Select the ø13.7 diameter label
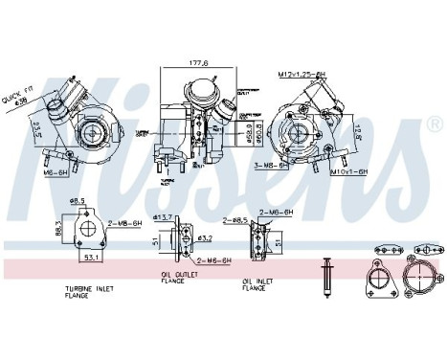click(164, 217)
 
